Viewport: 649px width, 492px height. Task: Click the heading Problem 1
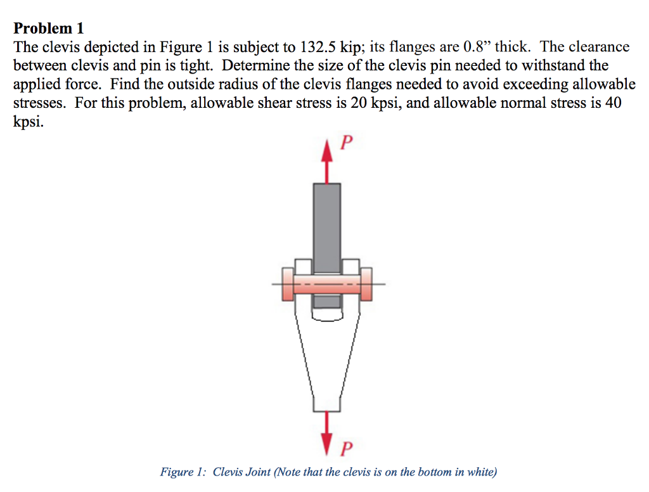(49, 29)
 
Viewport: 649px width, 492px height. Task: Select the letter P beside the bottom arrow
(345, 449)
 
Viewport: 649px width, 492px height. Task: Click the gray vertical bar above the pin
(327, 222)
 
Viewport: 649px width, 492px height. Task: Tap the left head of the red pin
(287, 283)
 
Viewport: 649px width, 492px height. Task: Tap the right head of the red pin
(366, 283)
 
